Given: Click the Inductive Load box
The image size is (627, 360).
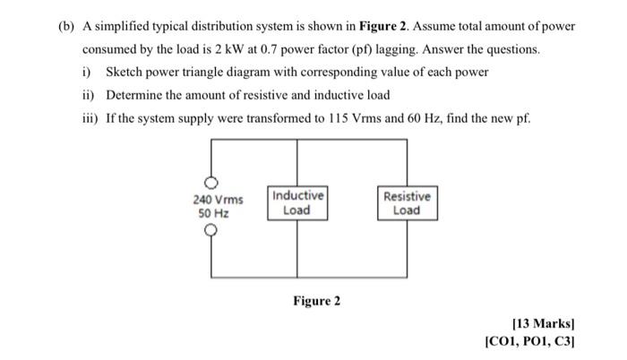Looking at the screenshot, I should click(296, 203).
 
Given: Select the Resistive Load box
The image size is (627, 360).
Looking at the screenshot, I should click(406, 203).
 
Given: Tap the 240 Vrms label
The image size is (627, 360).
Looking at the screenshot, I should click(218, 200).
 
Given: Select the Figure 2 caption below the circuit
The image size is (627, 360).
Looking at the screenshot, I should click(316, 301).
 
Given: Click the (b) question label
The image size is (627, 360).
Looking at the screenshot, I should click(64, 26).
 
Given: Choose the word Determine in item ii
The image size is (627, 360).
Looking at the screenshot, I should click(136, 94).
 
